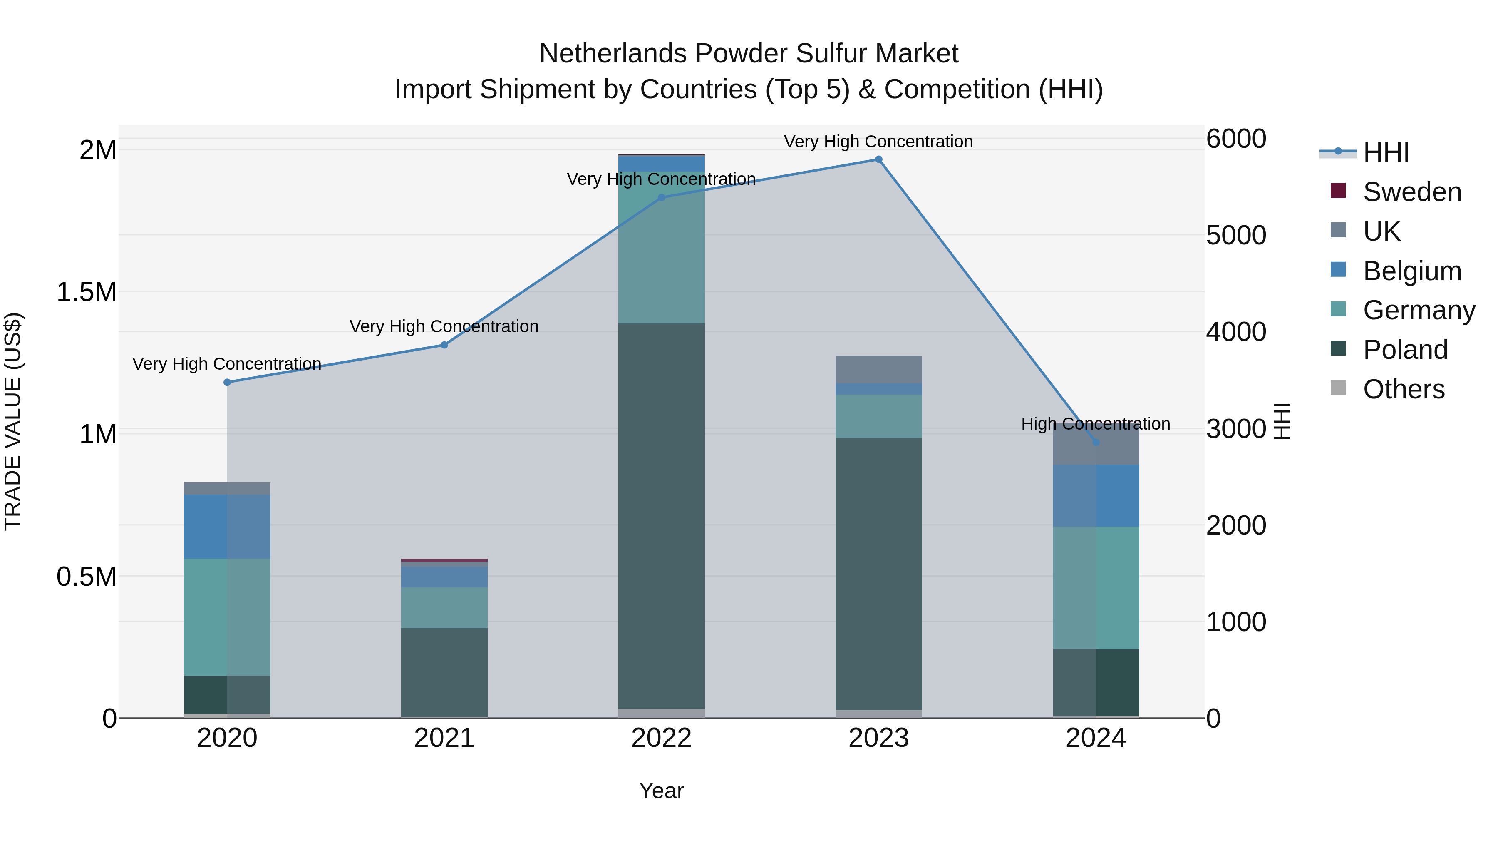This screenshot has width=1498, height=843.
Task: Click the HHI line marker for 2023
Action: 879,159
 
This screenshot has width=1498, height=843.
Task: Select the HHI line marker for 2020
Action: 227,382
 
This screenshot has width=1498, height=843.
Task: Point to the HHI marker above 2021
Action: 444,345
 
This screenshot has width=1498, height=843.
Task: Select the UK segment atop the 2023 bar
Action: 879,369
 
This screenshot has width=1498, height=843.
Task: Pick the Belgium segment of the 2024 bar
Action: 1096,496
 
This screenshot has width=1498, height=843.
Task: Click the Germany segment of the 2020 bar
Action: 227,617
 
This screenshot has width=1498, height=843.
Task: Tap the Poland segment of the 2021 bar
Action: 444,672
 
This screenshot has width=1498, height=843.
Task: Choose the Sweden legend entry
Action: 1411,192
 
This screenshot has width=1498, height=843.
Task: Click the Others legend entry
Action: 1403,389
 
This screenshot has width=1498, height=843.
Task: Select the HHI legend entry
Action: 1385,152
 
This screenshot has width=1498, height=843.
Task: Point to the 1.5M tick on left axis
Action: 87,292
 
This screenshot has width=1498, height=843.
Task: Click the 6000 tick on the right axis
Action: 1236,139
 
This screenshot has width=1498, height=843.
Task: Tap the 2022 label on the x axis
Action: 661,738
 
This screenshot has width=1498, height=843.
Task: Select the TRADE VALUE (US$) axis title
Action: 13,421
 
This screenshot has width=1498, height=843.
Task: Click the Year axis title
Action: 661,791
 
